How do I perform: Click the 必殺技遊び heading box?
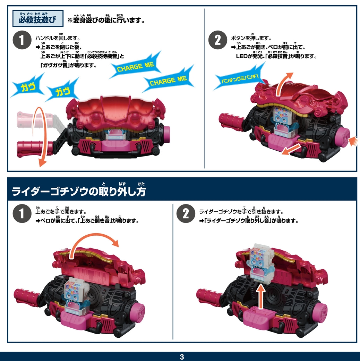38,18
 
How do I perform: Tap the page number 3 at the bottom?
182,357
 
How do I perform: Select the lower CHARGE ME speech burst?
169,79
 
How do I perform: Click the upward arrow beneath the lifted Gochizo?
261,296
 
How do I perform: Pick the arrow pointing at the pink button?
353,141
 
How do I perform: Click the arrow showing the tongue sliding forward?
291,149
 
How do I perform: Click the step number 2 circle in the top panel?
217,40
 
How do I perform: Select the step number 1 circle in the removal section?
22,213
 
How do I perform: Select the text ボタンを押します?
251,38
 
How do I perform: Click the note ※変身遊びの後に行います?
106,20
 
